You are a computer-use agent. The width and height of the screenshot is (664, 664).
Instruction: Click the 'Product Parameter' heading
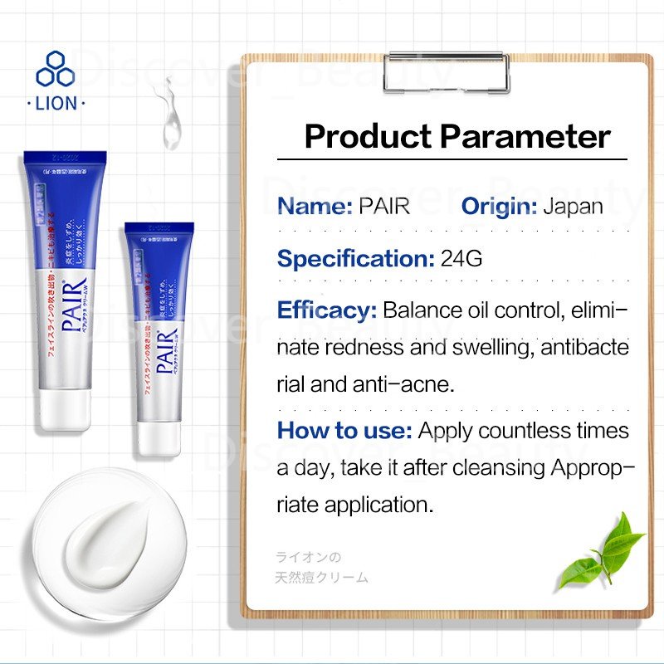point(457,137)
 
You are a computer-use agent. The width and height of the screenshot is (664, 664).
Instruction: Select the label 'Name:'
point(315,206)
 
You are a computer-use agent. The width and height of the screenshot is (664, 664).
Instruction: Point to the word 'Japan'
point(573,206)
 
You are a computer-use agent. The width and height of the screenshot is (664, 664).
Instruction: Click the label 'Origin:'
point(499,206)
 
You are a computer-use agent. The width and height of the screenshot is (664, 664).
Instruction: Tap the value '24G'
point(461,258)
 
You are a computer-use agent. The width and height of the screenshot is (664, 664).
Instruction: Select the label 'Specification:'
point(355,258)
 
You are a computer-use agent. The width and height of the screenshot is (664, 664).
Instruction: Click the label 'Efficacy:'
point(326,310)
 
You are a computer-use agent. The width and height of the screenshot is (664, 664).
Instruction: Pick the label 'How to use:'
point(344,431)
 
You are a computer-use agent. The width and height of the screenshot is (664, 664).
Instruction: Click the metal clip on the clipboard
point(446,71)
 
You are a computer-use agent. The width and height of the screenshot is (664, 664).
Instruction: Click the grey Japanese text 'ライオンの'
point(309,558)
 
